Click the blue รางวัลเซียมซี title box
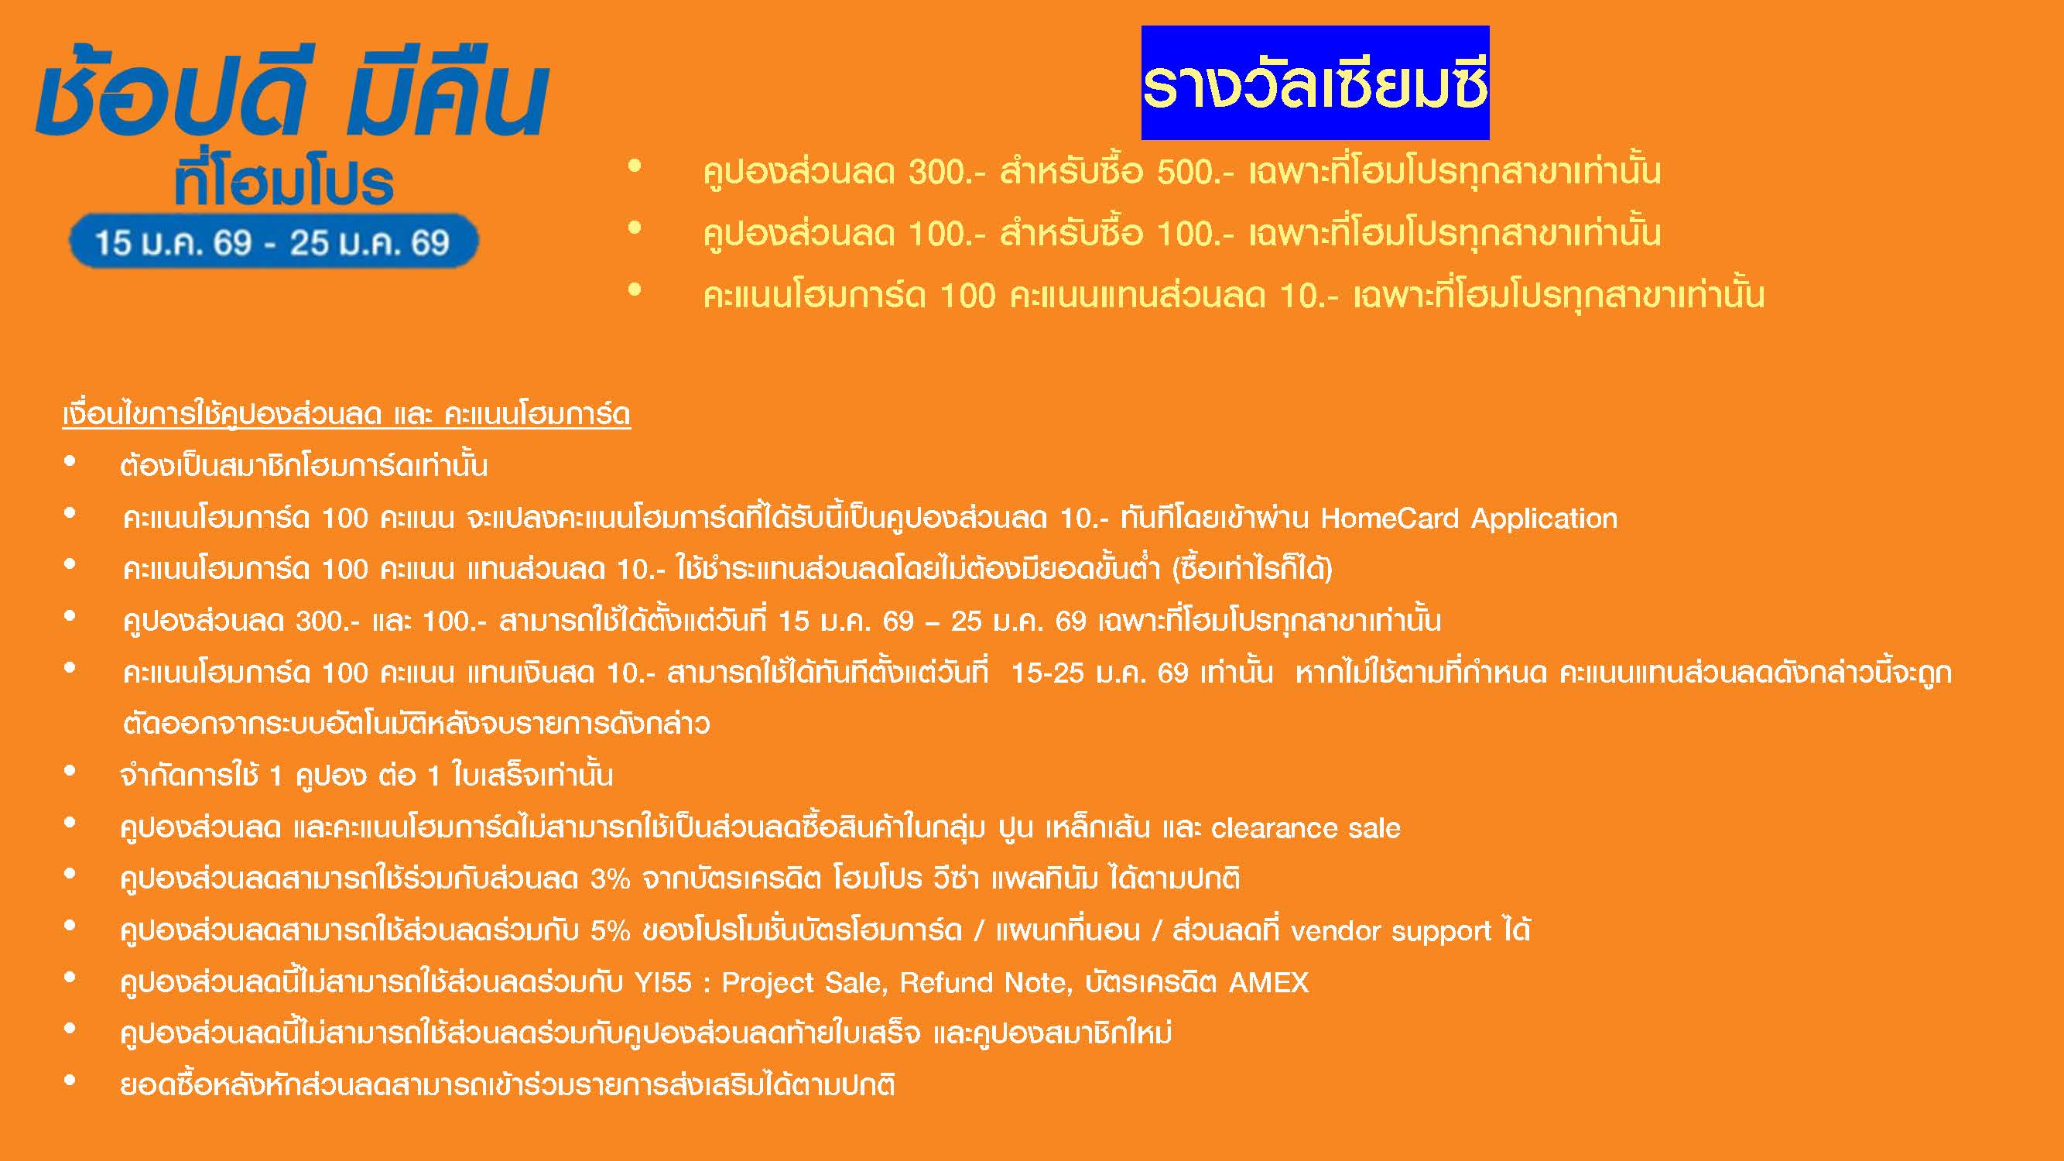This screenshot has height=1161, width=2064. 1315,84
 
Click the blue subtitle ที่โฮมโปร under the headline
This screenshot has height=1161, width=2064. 285,183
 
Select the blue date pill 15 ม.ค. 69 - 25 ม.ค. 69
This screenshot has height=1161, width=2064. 273,241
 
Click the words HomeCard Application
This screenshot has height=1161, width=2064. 1469,519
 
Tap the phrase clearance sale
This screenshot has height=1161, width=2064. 1306,827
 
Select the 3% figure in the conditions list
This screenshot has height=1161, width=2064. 611,879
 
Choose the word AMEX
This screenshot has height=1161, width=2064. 1268,982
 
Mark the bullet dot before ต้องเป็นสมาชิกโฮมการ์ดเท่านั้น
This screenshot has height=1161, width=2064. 70,462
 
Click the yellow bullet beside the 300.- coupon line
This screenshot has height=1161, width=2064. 635,166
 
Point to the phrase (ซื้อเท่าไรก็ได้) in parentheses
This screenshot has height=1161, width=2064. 1252,570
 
